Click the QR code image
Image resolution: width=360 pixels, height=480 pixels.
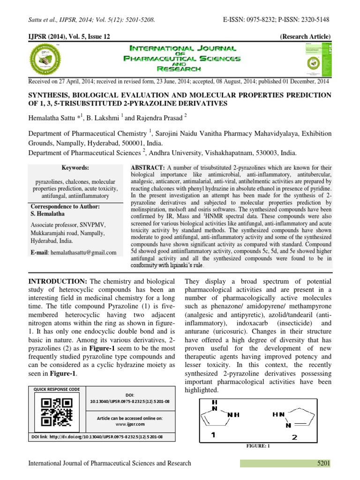click(x=57, y=412)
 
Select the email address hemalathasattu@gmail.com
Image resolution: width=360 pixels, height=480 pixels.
click(x=83, y=253)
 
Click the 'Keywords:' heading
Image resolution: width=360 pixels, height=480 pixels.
click(x=75, y=168)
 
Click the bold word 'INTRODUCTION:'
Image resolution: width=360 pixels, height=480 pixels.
click(x=58, y=282)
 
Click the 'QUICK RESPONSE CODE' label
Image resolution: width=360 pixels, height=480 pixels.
click(x=56, y=389)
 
